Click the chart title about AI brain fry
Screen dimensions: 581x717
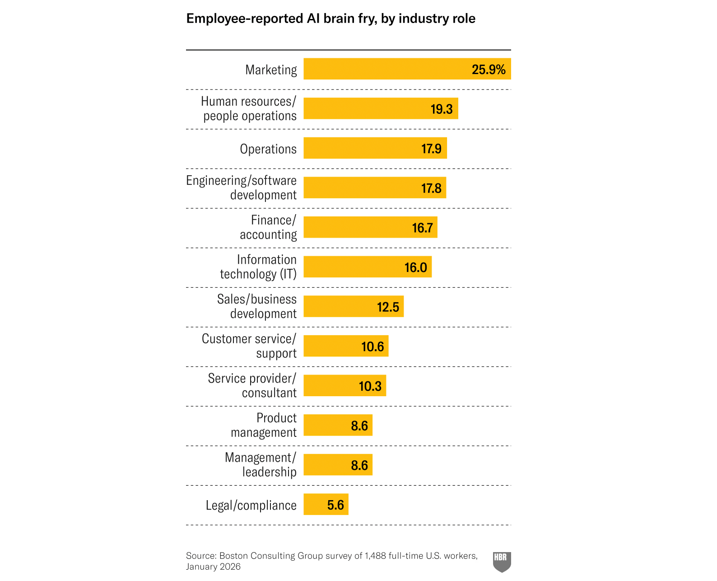331,19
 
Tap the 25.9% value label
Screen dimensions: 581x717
488,70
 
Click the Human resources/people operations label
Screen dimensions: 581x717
249,108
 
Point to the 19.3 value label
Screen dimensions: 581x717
441,109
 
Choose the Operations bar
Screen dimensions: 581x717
361,148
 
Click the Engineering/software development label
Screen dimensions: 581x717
242,187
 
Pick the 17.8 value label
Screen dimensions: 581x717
431,188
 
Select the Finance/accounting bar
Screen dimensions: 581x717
357,227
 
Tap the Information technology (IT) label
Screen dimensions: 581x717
258,267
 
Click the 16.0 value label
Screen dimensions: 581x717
415,267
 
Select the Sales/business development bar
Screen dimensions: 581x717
339,306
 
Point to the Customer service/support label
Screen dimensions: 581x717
249,346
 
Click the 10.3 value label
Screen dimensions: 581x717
370,386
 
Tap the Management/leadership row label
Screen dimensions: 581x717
261,464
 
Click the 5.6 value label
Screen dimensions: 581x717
335,505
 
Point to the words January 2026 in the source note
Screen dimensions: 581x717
213,567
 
